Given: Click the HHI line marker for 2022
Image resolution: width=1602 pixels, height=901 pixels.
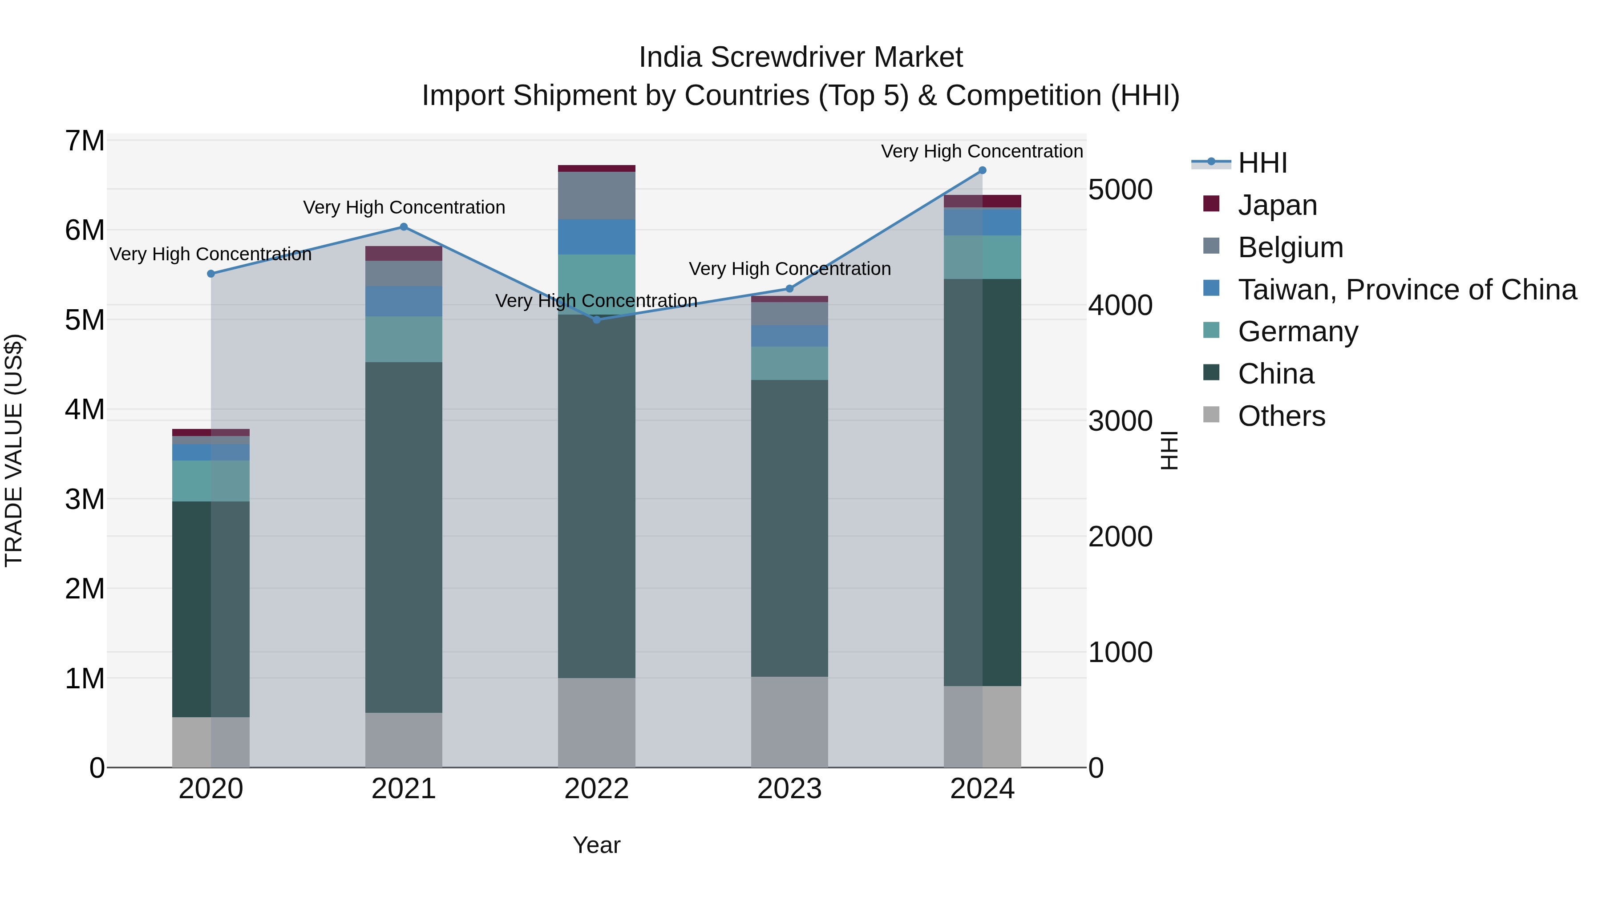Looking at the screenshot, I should tap(596, 319).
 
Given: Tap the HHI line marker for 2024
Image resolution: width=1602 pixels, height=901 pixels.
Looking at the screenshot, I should tap(982, 170).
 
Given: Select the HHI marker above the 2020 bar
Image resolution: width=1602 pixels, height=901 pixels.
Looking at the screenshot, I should tap(211, 274).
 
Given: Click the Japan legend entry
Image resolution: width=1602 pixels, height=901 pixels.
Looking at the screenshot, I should tap(1277, 205).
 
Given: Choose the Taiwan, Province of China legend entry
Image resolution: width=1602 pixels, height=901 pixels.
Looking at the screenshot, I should tap(1407, 290).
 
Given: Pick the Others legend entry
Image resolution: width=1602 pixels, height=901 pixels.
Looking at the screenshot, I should tap(1281, 416).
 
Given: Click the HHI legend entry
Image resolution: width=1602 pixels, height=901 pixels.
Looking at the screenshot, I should tap(1262, 163).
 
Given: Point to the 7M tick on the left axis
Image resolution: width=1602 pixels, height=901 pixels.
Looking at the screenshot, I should tap(85, 141).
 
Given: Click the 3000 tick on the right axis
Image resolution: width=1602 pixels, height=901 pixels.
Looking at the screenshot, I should tap(1120, 421).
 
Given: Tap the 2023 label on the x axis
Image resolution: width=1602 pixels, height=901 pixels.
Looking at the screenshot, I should tap(789, 789).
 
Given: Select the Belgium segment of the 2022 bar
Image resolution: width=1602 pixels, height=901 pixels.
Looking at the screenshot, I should tap(596, 195).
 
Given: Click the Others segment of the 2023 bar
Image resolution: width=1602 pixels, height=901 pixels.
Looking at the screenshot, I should tap(789, 721).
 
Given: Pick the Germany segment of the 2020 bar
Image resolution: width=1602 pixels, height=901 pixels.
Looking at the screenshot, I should tap(211, 481).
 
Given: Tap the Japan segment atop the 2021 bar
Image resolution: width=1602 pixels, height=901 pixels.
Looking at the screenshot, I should tap(404, 253).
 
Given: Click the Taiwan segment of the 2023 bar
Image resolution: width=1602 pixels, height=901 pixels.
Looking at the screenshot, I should tap(789, 336).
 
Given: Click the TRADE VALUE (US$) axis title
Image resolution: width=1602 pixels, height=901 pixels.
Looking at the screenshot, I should tap(14, 450).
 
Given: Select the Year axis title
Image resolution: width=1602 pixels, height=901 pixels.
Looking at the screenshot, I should tap(596, 845).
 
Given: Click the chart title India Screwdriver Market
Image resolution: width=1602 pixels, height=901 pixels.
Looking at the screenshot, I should tap(801, 57).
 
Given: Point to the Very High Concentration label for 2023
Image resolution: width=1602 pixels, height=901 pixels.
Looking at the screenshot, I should tap(789, 269).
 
